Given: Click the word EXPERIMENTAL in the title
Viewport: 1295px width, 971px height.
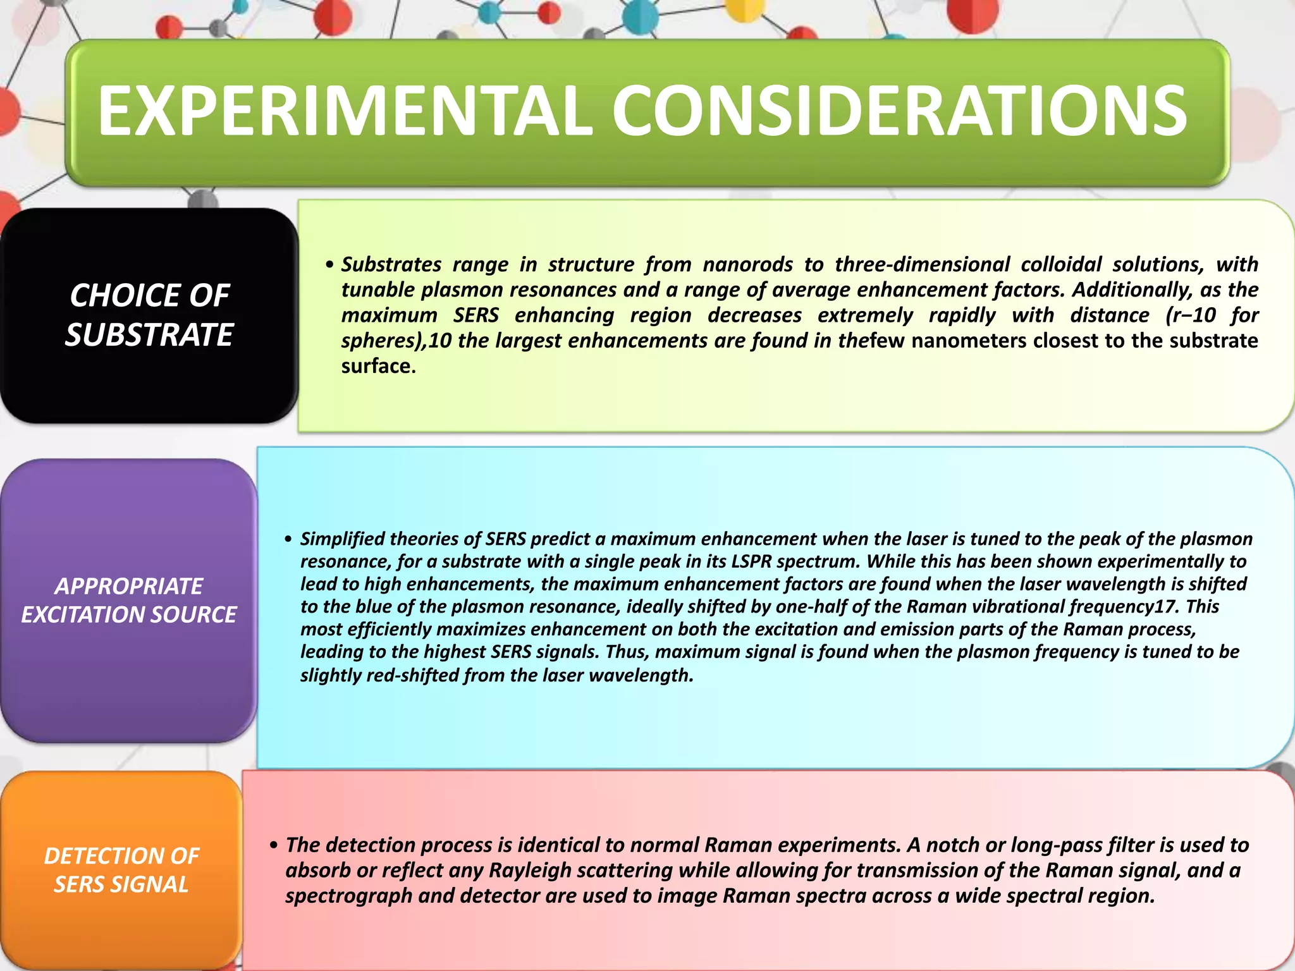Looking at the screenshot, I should (345, 111).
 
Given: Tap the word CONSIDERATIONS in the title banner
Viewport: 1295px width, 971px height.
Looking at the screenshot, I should (899, 111).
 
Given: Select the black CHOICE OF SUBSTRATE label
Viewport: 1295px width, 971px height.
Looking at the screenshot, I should (149, 315).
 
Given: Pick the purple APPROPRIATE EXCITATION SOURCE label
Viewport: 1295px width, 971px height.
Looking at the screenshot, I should (128, 600).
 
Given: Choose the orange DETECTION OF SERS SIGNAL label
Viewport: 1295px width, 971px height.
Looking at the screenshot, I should (121, 870).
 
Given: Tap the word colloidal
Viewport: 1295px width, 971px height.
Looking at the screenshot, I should (1061, 264).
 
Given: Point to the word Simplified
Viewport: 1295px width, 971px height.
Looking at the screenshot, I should (342, 539).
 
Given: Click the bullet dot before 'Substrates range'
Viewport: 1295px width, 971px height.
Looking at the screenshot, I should (329, 265).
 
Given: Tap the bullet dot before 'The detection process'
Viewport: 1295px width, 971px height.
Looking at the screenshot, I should (274, 846).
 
